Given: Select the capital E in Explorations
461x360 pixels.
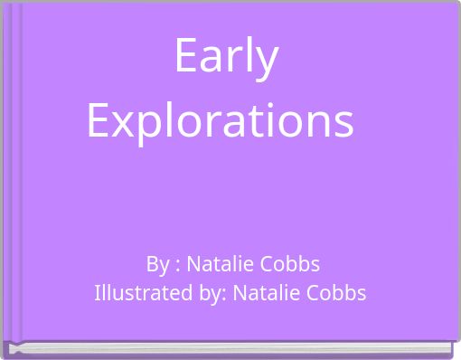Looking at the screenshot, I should [x=99, y=118].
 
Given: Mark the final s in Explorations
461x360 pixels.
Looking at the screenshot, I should [x=343, y=121].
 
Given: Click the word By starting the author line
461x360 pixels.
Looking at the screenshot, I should [x=157, y=264].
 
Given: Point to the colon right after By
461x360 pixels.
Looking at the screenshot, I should [x=177, y=266].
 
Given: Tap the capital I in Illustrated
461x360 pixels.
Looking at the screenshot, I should [x=98, y=293].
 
